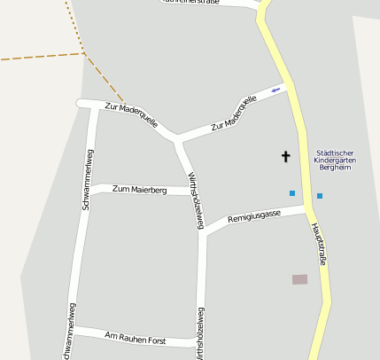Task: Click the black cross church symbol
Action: [x=285, y=157]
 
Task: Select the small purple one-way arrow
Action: [x=275, y=90]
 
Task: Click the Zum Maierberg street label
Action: [x=139, y=190]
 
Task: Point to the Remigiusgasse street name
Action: [x=254, y=216]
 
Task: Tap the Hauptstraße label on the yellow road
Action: [x=320, y=244]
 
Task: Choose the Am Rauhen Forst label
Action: [x=136, y=337]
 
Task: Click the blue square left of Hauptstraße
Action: [x=291, y=193]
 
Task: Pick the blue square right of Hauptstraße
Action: [x=320, y=195]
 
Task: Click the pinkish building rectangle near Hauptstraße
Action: [x=299, y=279]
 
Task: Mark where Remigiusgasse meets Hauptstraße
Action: [x=307, y=209]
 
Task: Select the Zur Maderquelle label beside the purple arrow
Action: [x=234, y=113]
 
